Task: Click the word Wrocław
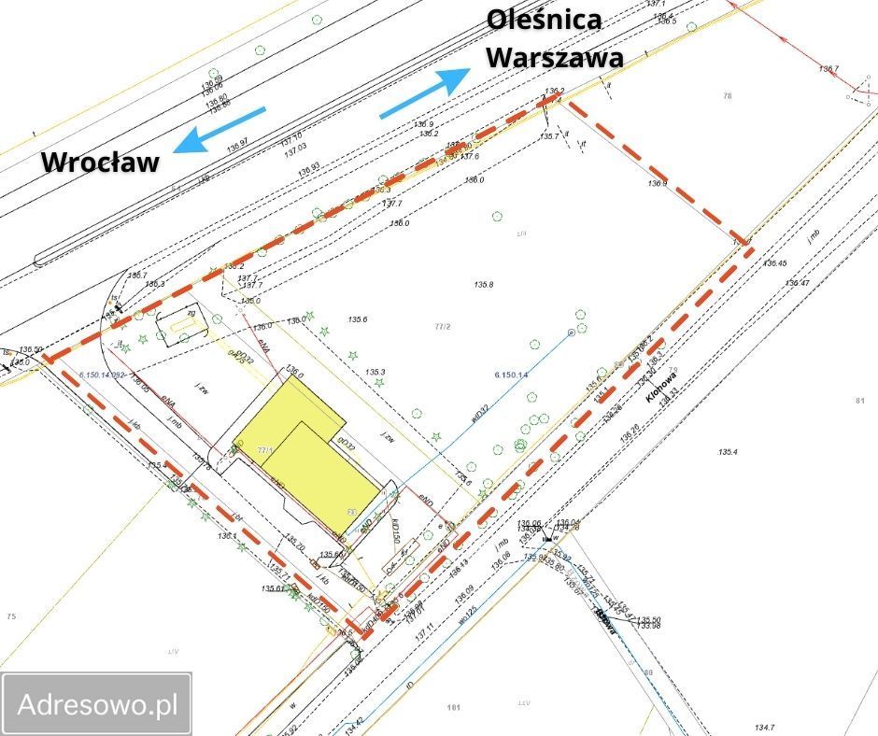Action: tap(100, 162)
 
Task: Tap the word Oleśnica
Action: tap(545, 20)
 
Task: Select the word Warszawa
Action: tap(556, 56)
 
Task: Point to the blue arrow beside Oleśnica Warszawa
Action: tap(424, 93)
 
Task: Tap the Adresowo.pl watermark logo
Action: tap(97, 704)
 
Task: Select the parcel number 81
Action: tap(859, 402)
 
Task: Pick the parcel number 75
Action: tap(11, 616)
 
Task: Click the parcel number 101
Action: tap(454, 708)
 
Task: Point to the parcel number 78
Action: tap(728, 95)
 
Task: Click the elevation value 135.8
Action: tap(483, 284)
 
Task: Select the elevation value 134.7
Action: tap(765, 727)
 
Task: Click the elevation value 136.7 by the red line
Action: tap(828, 69)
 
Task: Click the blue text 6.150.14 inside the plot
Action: tap(511, 375)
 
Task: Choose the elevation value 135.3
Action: tap(375, 372)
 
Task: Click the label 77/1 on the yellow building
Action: tap(264, 449)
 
